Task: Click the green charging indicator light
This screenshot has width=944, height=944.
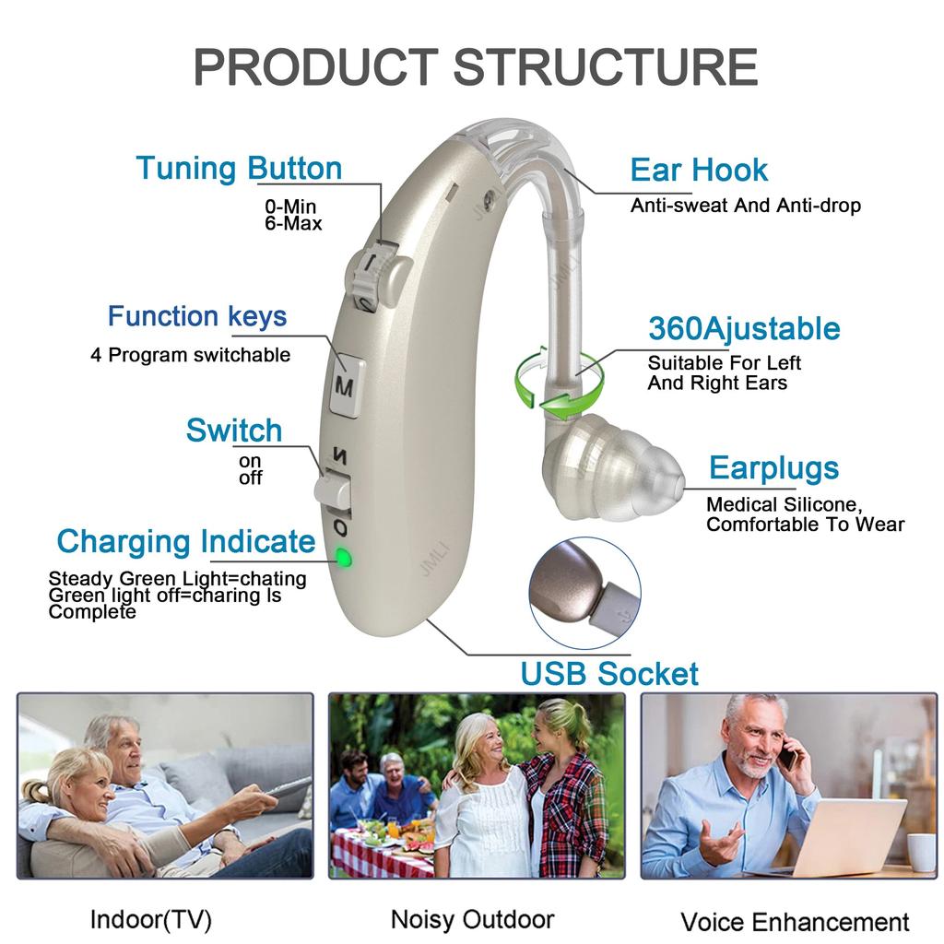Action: pyautogui.click(x=343, y=557)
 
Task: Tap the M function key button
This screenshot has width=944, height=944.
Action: pyautogui.click(x=345, y=385)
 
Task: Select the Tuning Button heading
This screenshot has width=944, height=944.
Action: pyautogui.click(x=239, y=169)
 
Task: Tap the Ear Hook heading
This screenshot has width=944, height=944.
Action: pyautogui.click(x=698, y=170)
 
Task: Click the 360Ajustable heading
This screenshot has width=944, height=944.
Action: pyautogui.click(x=744, y=328)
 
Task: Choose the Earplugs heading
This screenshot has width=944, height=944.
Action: pyautogui.click(x=773, y=468)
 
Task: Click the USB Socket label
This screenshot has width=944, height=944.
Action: pyautogui.click(x=609, y=673)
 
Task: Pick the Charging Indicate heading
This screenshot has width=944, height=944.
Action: pyautogui.click(x=185, y=541)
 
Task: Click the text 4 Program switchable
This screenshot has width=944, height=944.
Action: pyautogui.click(x=190, y=355)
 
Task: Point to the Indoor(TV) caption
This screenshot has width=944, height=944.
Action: pyautogui.click(x=151, y=918)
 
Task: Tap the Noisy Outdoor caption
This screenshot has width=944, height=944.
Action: pyautogui.click(x=472, y=918)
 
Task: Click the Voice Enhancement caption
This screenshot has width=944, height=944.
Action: pyautogui.click(x=795, y=921)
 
